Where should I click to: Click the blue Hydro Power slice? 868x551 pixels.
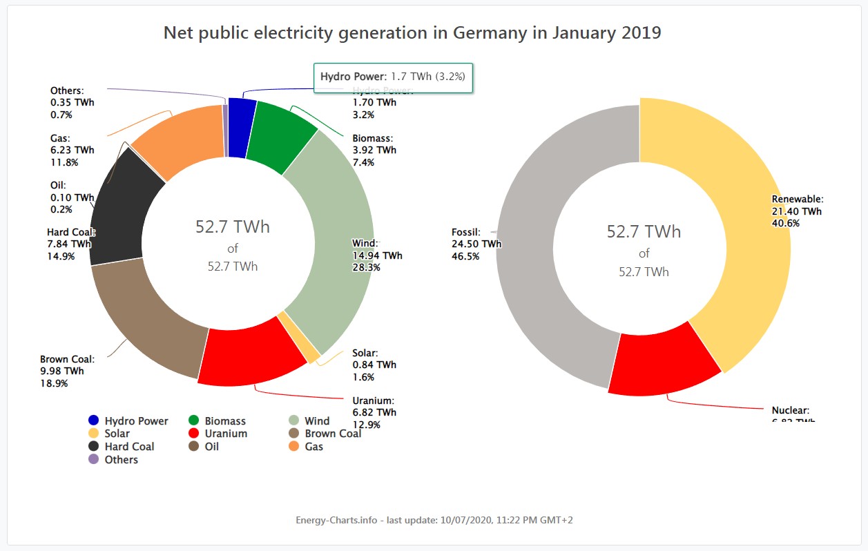[242, 117]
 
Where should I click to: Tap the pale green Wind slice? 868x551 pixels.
[331, 235]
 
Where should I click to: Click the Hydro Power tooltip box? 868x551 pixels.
[393, 77]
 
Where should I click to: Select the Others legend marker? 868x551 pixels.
[94, 460]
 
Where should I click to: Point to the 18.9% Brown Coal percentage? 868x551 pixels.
[54, 383]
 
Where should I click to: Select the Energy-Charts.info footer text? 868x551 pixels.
[338, 520]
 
